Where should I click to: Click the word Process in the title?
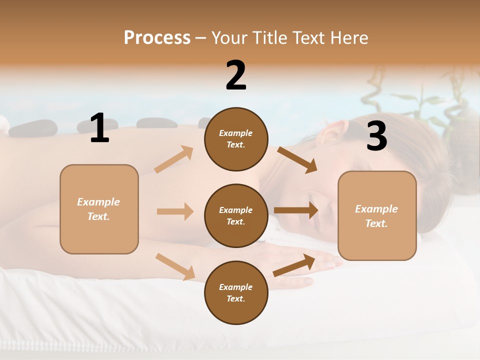coord(157,37)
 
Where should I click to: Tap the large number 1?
coord(99,128)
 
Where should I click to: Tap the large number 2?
coord(236,75)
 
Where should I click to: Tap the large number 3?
coord(376,136)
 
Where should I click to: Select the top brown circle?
coord(236,139)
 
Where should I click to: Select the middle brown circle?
coord(236,215)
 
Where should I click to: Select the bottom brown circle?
coord(236,292)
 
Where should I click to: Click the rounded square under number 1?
coord(99,209)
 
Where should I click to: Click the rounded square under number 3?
coord(377,215)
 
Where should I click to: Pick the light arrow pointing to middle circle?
coord(175,211)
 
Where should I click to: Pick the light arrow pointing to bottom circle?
coord(175,266)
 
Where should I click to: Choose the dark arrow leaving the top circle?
coord(297,159)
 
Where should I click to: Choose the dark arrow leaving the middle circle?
coord(296,210)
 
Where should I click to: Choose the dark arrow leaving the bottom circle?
coord(294,265)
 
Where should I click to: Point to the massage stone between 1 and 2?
coord(153,122)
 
